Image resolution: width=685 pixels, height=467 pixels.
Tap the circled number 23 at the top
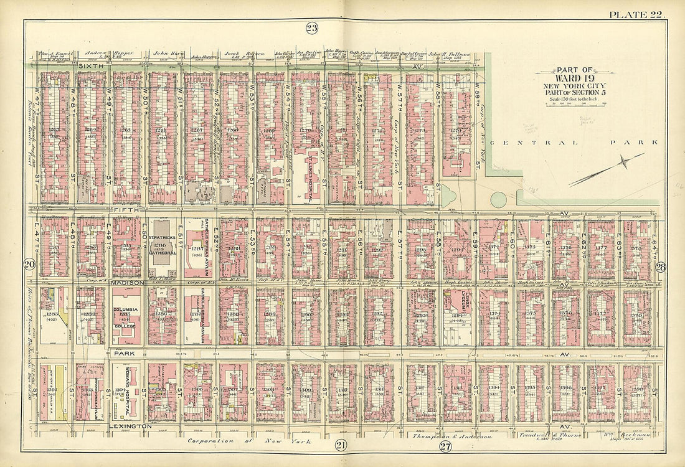pos(311,27)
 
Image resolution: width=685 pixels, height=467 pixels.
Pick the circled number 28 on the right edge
pos(661,267)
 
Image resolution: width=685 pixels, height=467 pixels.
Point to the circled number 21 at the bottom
pos(340,444)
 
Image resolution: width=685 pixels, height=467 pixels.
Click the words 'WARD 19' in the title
pos(574,78)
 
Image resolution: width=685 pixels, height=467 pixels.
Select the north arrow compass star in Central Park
pos(623,163)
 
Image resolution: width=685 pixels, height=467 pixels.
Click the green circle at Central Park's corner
pos(498,200)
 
